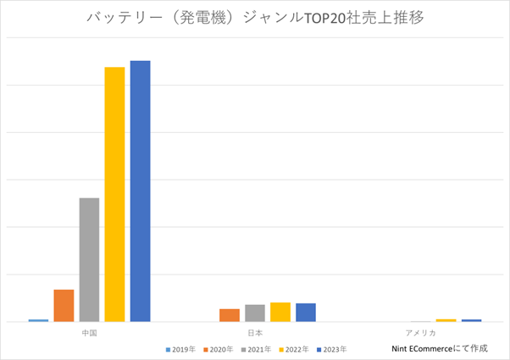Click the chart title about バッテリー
click(x=254, y=19)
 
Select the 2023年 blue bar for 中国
click(x=140, y=191)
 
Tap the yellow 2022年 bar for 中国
click(x=114, y=194)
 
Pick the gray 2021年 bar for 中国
click(x=89, y=259)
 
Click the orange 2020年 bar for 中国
click(x=64, y=305)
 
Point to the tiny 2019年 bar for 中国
click(x=38, y=320)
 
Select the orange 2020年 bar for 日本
click(x=230, y=315)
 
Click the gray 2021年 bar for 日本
click(x=255, y=313)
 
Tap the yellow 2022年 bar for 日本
click(x=280, y=312)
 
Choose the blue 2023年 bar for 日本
click(x=306, y=312)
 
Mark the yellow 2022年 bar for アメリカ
click(x=446, y=320)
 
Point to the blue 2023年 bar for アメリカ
click(x=471, y=320)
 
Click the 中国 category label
click(x=89, y=332)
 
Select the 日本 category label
click(x=255, y=332)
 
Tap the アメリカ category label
click(x=420, y=332)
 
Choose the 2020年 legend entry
click(x=218, y=349)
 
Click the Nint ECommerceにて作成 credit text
click(x=439, y=348)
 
